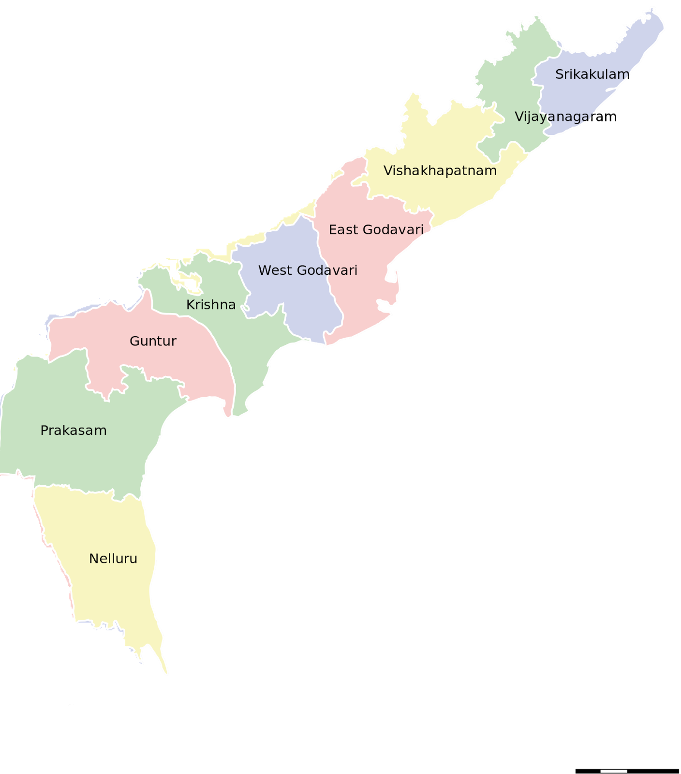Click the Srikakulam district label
592,74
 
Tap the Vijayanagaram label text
555,117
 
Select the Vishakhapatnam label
440,171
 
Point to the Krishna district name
211,305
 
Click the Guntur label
153,341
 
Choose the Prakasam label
74,431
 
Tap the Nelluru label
113,559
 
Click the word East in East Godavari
343,230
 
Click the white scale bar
614,771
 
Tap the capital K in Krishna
190,305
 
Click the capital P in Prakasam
44,431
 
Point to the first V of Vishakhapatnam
388,171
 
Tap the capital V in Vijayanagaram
518,117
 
